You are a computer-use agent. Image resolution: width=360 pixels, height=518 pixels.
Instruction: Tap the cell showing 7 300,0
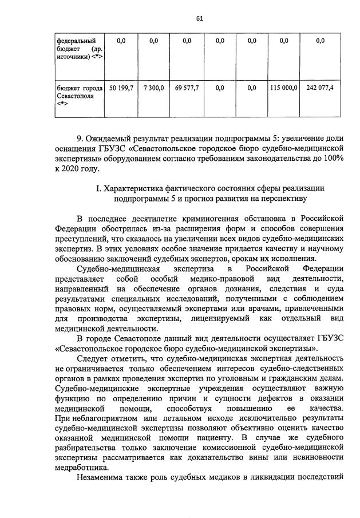153,88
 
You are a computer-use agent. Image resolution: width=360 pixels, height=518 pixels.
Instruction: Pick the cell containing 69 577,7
187,88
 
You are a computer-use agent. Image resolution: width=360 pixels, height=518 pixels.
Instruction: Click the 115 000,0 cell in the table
283,88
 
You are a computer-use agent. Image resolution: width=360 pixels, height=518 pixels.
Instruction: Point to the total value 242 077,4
320,88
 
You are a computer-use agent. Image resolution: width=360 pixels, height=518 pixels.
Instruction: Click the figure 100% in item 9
332,159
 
